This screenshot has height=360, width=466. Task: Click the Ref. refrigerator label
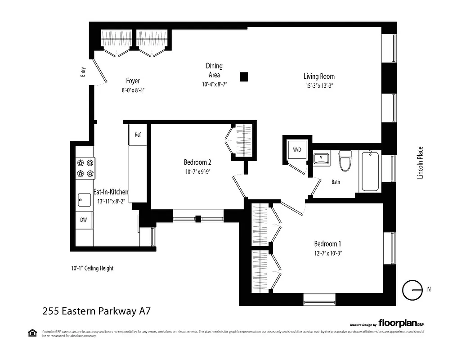(138, 135)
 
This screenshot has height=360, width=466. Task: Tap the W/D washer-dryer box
(297, 149)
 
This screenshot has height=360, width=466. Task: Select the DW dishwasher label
(84, 220)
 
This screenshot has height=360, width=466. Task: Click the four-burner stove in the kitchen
(85, 168)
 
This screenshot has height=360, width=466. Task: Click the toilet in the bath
(345, 161)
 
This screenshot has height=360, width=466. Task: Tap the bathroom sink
(321, 159)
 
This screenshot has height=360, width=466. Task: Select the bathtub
(369, 172)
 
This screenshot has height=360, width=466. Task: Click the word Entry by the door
(83, 72)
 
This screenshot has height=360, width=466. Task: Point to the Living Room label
(318, 76)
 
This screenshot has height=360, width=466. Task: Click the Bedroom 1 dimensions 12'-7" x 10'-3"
(328, 253)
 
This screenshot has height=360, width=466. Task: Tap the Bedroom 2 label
(197, 162)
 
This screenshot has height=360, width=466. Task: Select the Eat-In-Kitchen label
(111, 192)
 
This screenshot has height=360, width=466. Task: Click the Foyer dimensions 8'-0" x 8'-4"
(133, 90)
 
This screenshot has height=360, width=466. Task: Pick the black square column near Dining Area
(244, 76)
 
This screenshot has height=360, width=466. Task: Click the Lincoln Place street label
(421, 163)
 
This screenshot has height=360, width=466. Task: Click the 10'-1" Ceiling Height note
(92, 268)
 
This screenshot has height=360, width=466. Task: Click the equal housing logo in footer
(32, 333)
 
